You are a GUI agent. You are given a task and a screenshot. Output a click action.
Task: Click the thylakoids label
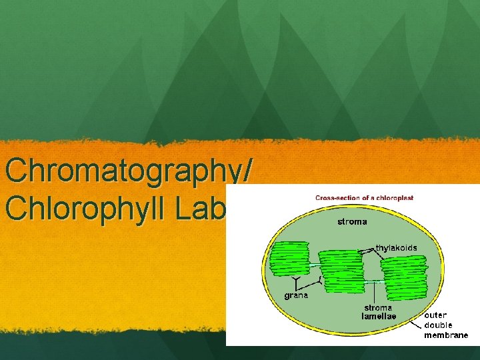(x=396, y=247)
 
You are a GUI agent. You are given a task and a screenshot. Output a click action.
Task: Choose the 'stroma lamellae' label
(x=378, y=312)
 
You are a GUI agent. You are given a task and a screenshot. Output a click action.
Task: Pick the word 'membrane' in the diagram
(x=446, y=335)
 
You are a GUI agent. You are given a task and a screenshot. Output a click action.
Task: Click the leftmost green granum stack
(x=289, y=259)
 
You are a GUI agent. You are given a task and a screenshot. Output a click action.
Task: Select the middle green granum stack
(x=341, y=269)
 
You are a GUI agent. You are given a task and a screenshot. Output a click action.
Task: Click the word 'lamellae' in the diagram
(x=379, y=316)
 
